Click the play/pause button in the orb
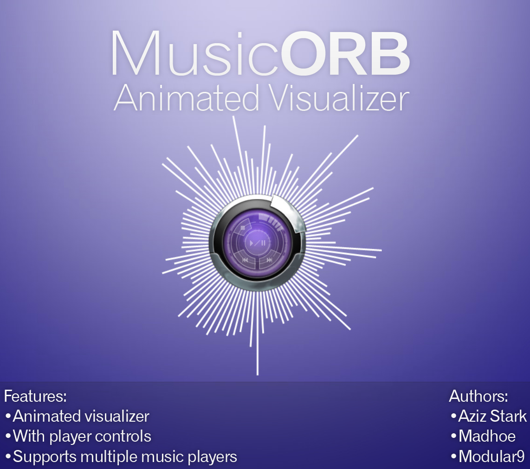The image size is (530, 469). (x=258, y=243)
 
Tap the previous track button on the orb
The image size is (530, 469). (x=246, y=260)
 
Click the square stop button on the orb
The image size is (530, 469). (x=243, y=229)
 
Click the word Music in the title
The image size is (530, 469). (x=195, y=53)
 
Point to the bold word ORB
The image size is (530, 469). (x=345, y=53)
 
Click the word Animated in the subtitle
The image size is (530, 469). (x=187, y=97)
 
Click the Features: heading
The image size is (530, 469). (x=35, y=396)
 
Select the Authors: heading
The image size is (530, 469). (x=478, y=396)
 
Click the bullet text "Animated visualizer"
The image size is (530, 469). (x=81, y=416)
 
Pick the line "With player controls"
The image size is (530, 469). (x=82, y=437)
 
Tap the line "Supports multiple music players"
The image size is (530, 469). (x=125, y=457)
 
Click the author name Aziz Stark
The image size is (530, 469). (x=492, y=416)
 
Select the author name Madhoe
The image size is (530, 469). (x=487, y=437)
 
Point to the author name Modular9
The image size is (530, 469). (x=492, y=457)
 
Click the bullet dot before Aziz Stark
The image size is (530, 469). (x=453, y=416)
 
